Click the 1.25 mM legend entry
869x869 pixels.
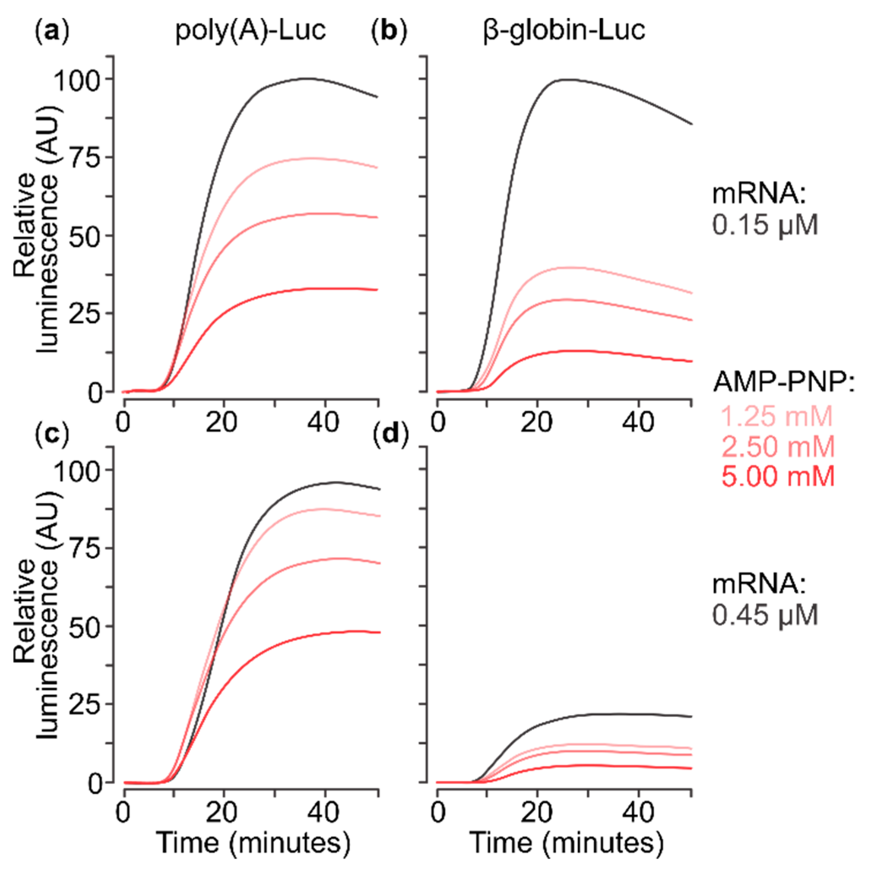[777, 417]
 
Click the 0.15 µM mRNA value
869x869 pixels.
[765, 225]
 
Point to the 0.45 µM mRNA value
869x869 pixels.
[765, 615]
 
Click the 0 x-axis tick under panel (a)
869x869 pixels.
[123, 423]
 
